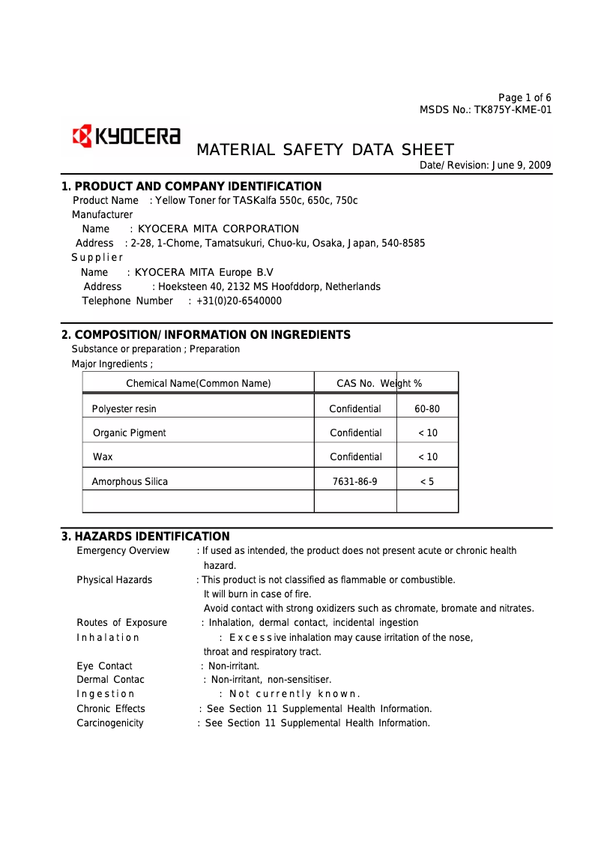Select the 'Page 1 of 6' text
tap(525, 98)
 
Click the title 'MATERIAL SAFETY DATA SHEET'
tap(324, 150)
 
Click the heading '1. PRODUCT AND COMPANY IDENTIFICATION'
tap(191, 187)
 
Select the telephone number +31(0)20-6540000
tap(239, 301)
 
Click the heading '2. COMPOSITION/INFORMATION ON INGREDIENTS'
tap(205, 335)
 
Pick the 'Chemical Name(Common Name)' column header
tap(198, 384)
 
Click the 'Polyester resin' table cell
tap(124, 409)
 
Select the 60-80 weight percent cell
tap(427, 409)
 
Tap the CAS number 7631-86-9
tap(355, 482)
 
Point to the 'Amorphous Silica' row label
tap(130, 482)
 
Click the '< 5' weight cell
tap(426, 482)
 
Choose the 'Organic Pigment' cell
tap(130, 433)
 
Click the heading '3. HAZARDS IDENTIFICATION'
tap(145, 537)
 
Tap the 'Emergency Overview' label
tap(123, 551)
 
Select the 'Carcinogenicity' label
tap(110, 723)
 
